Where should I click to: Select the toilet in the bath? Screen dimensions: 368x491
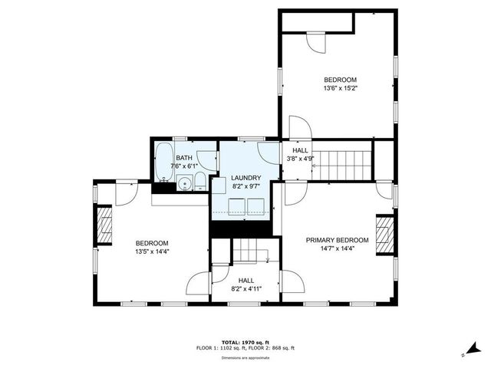pyautogui.click(x=199, y=182)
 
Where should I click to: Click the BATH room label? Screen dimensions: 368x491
pyautogui.click(x=183, y=156)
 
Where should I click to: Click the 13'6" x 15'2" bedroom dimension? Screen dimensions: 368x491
pyautogui.click(x=340, y=88)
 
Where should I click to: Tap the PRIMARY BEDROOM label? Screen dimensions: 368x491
pyautogui.click(x=338, y=240)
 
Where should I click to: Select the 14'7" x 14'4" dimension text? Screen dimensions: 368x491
pyautogui.click(x=338, y=248)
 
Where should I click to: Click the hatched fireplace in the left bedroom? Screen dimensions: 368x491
pyautogui.click(x=106, y=227)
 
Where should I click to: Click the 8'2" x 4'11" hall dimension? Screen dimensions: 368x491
pyautogui.click(x=245, y=289)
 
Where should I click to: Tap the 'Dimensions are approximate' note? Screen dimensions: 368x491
pyautogui.click(x=245, y=357)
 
